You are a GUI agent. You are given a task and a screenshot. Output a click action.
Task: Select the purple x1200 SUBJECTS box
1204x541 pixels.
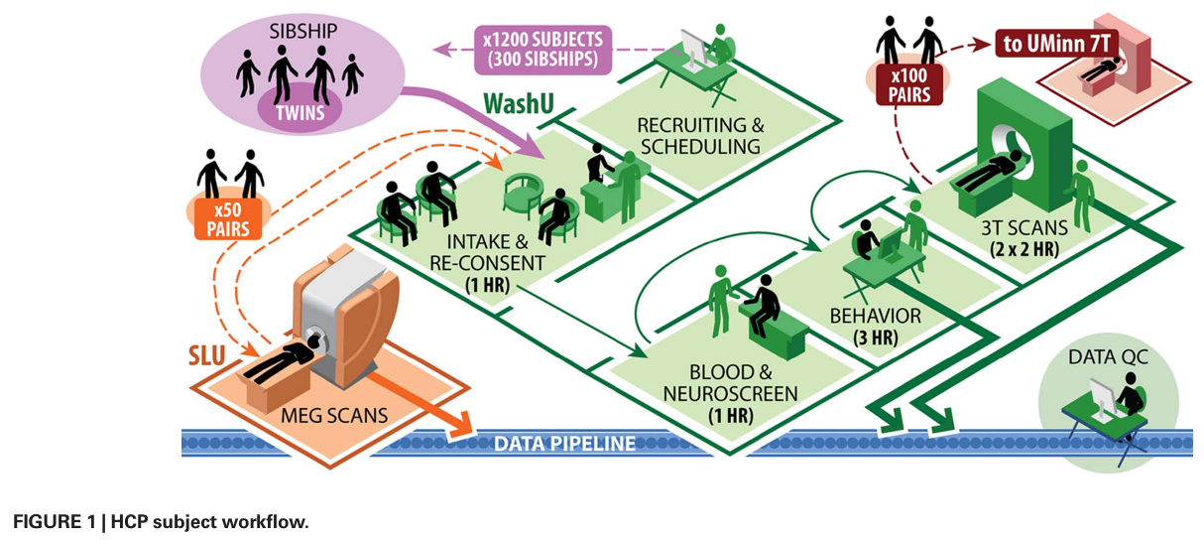tap(542, 49)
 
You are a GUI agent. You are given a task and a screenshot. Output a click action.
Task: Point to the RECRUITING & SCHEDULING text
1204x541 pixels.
tap(700, 137)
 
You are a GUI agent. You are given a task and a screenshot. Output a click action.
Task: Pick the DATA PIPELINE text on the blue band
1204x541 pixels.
tap(564, 443)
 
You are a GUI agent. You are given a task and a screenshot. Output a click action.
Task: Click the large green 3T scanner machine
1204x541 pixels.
tap(1031, 139)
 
